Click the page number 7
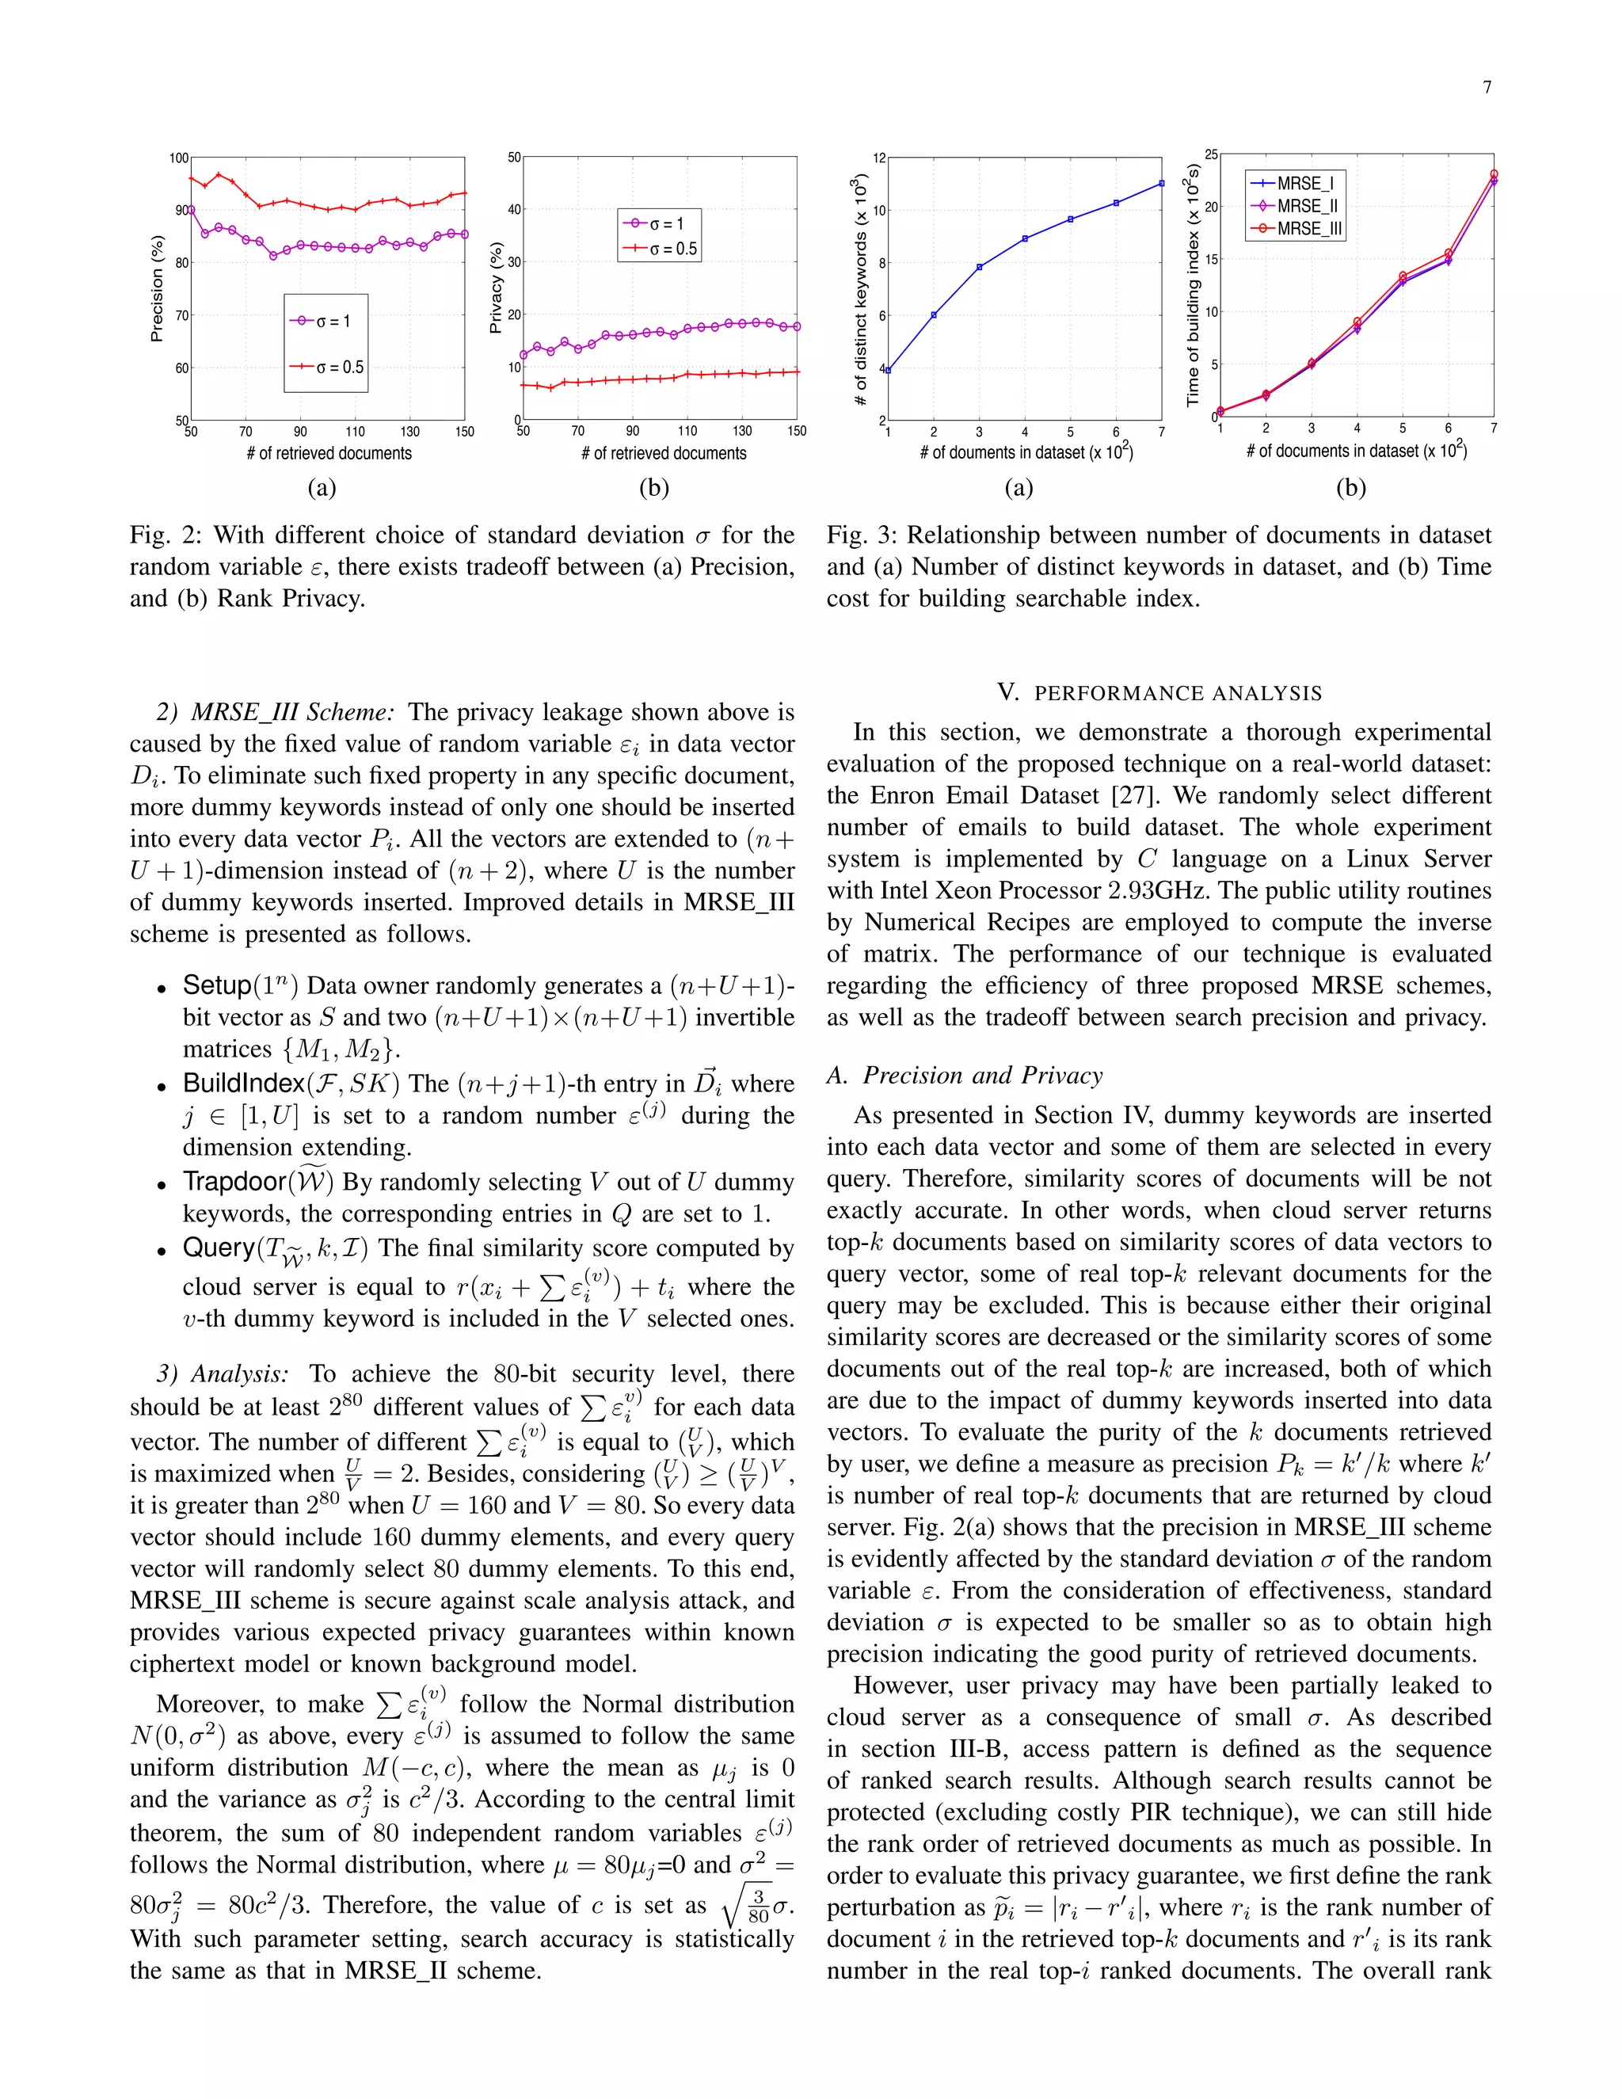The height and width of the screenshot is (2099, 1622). tap(1487, 87)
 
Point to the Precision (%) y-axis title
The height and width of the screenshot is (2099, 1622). tap(157, 288)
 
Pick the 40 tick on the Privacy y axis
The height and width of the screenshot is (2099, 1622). tap(513, 210)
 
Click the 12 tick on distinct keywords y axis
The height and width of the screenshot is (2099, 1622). tap(878, 158)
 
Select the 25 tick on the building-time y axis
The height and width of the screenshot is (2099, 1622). tap(1211, 154)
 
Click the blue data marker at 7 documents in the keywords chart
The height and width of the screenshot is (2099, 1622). tap(1161, 183)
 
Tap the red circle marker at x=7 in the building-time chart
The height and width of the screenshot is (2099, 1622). tap(1493, 174)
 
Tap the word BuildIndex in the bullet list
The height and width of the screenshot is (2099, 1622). tap(244, 1083)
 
